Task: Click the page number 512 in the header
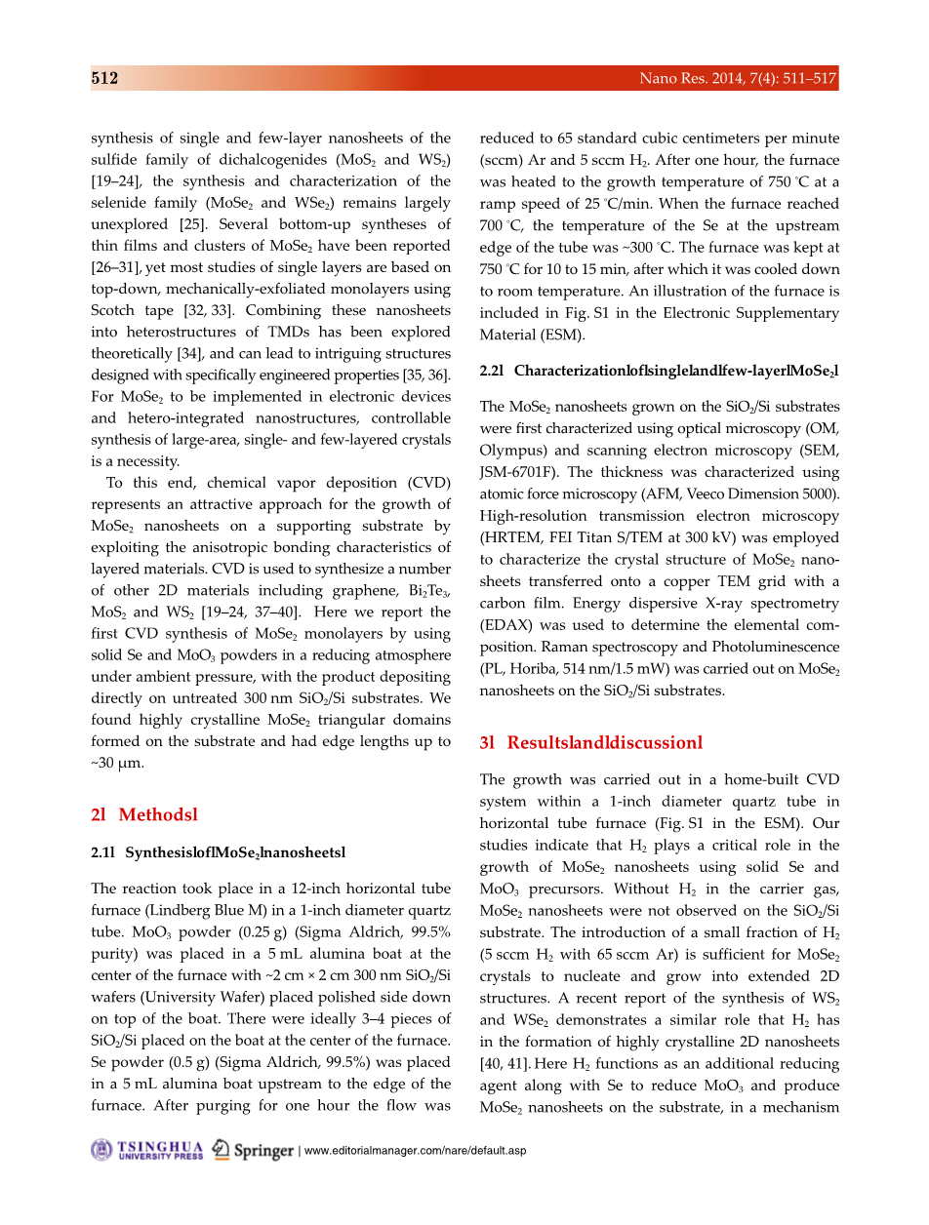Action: point(105,79)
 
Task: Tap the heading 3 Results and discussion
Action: point(590,742)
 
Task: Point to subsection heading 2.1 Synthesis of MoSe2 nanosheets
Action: point(218,852)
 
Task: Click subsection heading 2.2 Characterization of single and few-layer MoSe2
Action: point(659,371)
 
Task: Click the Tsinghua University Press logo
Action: point(147,1150)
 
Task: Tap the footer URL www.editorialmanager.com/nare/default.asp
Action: point(415,1151)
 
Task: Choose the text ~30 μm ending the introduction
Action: point(117,763)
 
